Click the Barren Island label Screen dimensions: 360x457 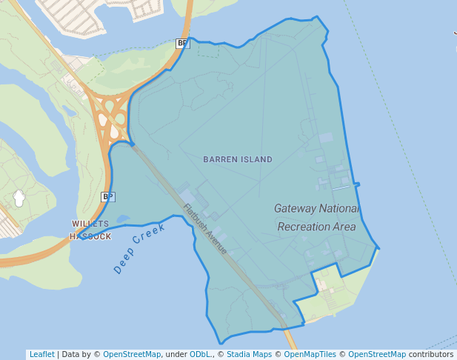(x=238, y=159)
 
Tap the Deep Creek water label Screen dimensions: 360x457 (x=139, y=248)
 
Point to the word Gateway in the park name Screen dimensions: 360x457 (x=294, y=208)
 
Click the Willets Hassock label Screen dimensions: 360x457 (x=90, y=230)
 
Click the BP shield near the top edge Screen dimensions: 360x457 (x=182, y=43)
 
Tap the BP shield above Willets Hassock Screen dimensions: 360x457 (x=107, y=196)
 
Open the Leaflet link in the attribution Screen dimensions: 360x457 (x=41, y=354)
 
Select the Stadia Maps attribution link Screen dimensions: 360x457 (x=249, y=354)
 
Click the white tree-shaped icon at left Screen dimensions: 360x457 (x=19, y=199)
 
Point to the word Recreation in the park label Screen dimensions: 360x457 (x=302, y=227)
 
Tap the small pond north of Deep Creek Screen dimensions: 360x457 (x=122, y=219)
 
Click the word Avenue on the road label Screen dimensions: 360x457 (x=215, y=240)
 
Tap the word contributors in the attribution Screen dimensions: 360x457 (x=430, y=354)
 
